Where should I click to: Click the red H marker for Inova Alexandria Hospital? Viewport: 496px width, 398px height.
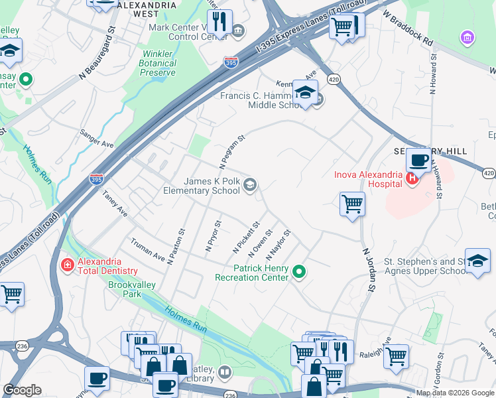pos(411,178)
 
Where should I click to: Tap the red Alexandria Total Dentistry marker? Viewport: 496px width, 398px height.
pos(67,265)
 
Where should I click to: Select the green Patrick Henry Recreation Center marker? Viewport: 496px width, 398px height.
pos(299,271)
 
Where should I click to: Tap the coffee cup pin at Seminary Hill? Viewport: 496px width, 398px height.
pos(418,160)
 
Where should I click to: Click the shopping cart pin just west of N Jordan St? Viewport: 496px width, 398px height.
pos(352,204)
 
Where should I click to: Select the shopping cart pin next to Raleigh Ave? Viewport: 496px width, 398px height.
pos(396,356)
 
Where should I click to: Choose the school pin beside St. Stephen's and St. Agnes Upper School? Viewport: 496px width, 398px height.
pos(477,260)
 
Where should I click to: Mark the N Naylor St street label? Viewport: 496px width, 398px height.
pos(279,245)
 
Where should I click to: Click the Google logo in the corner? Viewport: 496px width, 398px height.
pos(23,390)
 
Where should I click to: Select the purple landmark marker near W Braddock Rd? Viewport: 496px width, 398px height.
pos(467,38)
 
